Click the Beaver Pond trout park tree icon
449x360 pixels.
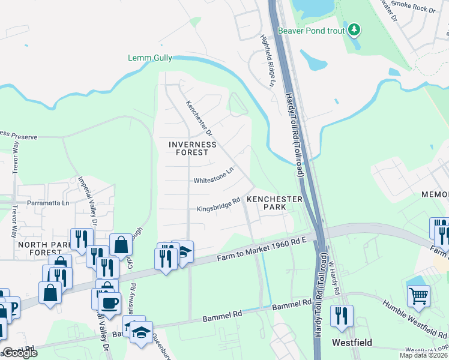pyautogui.click(x=354, y=29)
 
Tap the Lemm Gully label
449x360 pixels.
pyautogui.click(x=150, y=58)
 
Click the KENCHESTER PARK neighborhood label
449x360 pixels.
pyautogui.click(x=274, y=202)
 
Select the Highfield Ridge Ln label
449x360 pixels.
pyautogui.click(x=267, y=58)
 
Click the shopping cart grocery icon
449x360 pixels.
pyautogui.click(x=418, y=295)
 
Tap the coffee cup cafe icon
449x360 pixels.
pyautogui.click(x=109, y=302)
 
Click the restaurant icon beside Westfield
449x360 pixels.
pyautogui.click(x=342, y=315)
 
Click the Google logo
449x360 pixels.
pyautogui.click(x=20, y=353)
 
